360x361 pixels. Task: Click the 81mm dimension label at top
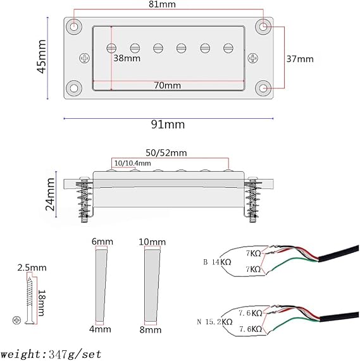pyautogui.click(x=162, y=4)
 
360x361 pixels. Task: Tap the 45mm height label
pyautogui.click(x=42, y=57)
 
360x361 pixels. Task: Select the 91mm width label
pyautogui.click(x=168, y=125)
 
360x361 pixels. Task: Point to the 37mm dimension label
pyautogui.click(x=300, y=59)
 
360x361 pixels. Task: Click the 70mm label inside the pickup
pyautogui.click(x=168, y=85)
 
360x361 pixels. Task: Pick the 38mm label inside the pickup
pyautogui.click(x=127, y=58)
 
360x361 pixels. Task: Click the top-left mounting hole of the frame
pyautogui.click(x=74, y=27)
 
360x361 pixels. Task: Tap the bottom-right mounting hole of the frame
pyautogui.click(x=263, y=88)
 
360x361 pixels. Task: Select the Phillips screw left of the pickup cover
pyautogui.click(x=85, y=58)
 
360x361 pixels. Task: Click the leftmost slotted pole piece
pyautogui.click(x=111, y=48)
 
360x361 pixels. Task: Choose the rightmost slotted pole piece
pyautogui.click(x=228, y=48)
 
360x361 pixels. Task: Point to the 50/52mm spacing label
pyautogui.click(x=166, y=153)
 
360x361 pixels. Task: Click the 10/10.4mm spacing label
pyautogui.click(x=133, y=163)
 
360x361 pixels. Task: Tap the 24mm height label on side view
pyautogui.click(x=51, y=194)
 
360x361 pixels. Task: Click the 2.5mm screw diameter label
pyautogui.click(x=32, y=268)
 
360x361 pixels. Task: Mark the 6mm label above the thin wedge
pyautogui.click(x=102, y=242)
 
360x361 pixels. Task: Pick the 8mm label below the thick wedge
pyautogui.click(x=151, y=329)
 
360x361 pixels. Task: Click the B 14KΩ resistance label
pyautogui.click(x=217, y=262)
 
